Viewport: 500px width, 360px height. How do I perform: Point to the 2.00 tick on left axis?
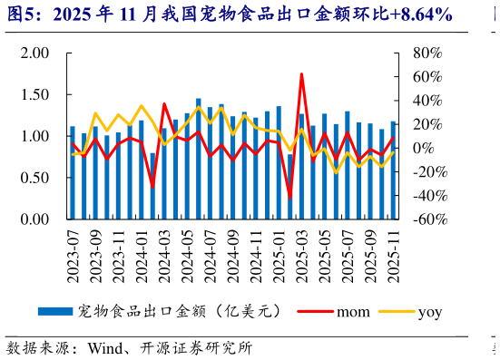click(34, 53)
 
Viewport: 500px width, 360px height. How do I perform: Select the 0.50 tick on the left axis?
click(34, 178)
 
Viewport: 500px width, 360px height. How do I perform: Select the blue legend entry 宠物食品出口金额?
click(181, 312)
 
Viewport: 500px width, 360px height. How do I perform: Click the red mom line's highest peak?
click(301, 74)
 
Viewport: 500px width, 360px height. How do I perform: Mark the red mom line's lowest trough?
click(290, 199)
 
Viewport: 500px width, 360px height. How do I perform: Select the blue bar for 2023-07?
click(73, 172)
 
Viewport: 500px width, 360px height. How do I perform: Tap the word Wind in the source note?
click(103, 348)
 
